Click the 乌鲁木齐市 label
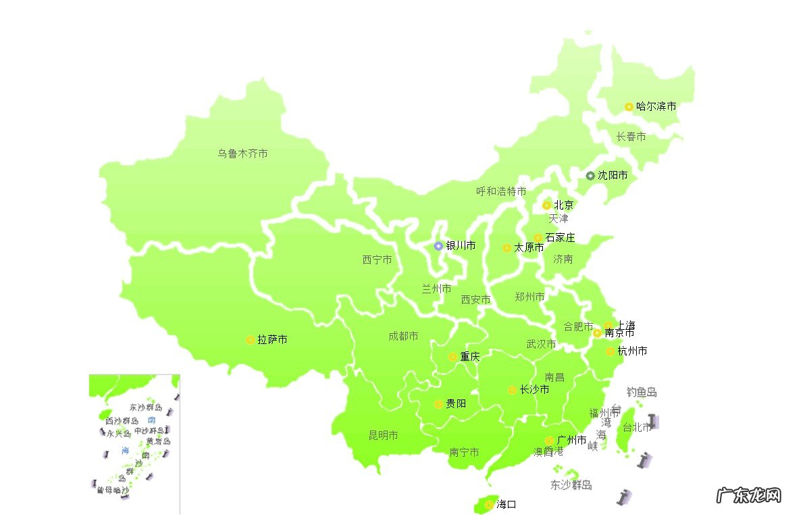[242, 153]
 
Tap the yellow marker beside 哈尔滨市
[629, 107]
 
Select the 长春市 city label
[631, 137]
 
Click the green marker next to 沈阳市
[590, 176]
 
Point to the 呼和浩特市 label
[501, 191]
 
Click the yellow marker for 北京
[547, 205]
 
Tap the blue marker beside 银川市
[438, 246]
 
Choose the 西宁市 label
[377, 260]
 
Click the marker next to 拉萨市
[250, 340]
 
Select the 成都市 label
[403, 336]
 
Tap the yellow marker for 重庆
[452, 357]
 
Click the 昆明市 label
[383, 435]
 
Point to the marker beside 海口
[488, 504]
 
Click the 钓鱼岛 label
[642, 392]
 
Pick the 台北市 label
[636, 427]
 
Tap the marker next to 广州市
[549, 441]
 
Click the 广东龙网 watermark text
[749, 495]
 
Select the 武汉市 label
[541, 344]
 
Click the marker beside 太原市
[506, 248]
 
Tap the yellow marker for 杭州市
[610, 351]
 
